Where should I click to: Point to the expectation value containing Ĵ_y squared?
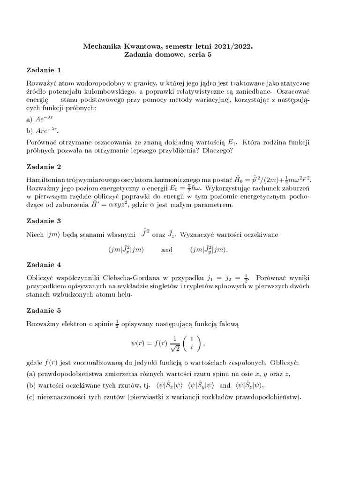coord(209,250)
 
